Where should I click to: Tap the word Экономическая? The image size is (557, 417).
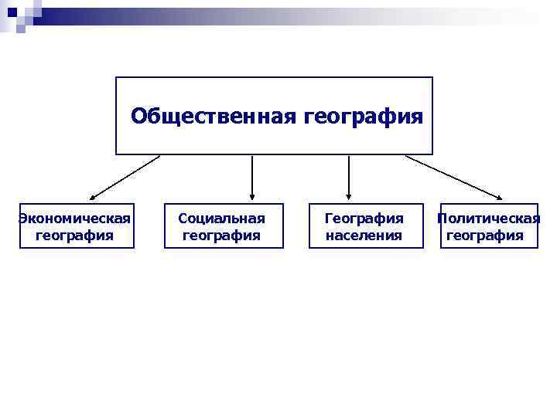pos(75,219)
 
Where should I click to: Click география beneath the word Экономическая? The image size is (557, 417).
pos(75,236)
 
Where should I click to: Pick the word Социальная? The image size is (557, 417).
pos(222,219)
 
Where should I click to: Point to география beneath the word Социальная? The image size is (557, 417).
pos(222,236)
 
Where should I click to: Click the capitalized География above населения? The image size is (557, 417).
pos(364,219)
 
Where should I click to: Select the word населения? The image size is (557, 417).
pos(364,236)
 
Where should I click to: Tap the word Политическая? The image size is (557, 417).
pos(488,219)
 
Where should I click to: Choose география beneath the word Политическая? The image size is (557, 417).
pos(485,236)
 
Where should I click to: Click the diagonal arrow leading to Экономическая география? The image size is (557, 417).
pos(124,178)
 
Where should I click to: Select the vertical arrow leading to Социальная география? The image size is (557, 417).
pos(252,176)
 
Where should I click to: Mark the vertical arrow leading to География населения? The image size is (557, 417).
pos(349,176)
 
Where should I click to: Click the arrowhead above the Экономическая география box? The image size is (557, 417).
pos(92,197)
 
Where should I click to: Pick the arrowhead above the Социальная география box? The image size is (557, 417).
pos(252,197)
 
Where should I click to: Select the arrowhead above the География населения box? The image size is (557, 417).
pos(349,197)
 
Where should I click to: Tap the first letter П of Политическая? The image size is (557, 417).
pos(442,219)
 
